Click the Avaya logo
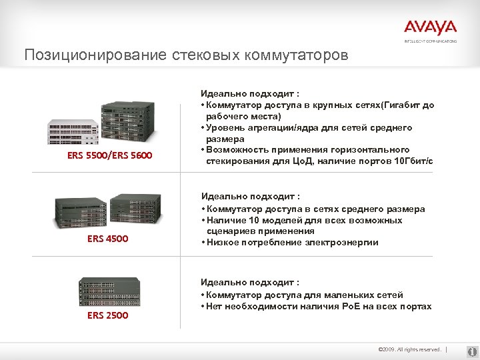pos(430,28)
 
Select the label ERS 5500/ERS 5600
pos(110,155)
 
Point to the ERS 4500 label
pos(107,238)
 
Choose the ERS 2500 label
pos(107,315)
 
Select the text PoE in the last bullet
pos(352,306)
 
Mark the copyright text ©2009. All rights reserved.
pos(409,349)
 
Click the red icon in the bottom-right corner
pos(471,349)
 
